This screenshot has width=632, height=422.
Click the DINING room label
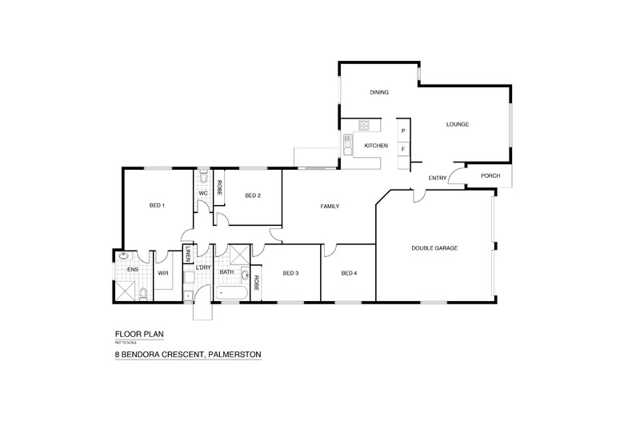click(379, 93)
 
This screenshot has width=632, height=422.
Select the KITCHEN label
click(376, 146)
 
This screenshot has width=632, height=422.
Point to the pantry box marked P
click(403, 131)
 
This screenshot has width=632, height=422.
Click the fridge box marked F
click(403, 149)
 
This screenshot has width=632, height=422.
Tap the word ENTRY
click(438, 178)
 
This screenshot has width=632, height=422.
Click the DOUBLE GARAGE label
click(434, 248)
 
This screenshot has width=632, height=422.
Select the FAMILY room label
click(330, 207)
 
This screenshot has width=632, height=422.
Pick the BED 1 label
click(157, 206)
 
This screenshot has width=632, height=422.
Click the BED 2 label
click(254, 195)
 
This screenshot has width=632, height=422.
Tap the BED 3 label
click(290, 274)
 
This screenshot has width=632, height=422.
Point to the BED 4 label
click(349, 274)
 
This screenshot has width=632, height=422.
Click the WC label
click(203, 194)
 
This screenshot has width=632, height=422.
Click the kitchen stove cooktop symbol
click(364, 126)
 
